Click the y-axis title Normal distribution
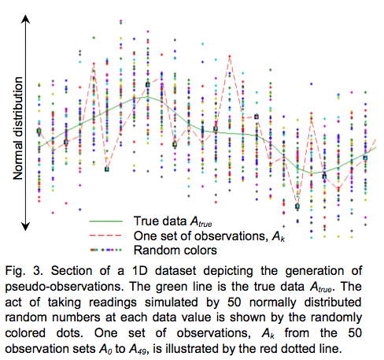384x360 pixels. (18, 128)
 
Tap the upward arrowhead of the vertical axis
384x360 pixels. (25, 18)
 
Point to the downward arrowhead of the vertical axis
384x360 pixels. (25, 226)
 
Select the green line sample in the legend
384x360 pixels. (106, 221)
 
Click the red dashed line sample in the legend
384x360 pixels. (105, 236)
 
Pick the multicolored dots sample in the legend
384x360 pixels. (106, 250)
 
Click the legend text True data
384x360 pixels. (160, 221)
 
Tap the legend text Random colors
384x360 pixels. (175, 250)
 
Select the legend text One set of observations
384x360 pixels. (201, 236)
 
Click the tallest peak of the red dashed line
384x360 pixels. (230, 56)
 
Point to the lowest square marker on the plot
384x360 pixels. (297, 206)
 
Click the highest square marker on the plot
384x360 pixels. (148, 84)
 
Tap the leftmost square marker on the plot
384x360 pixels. (39, 131)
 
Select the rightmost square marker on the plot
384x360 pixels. (365, 158)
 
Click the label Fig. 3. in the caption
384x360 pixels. (24, 271)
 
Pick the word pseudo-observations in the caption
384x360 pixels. (65, 287)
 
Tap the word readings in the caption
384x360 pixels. (113, 302)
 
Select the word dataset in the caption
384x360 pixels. (175, 271)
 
